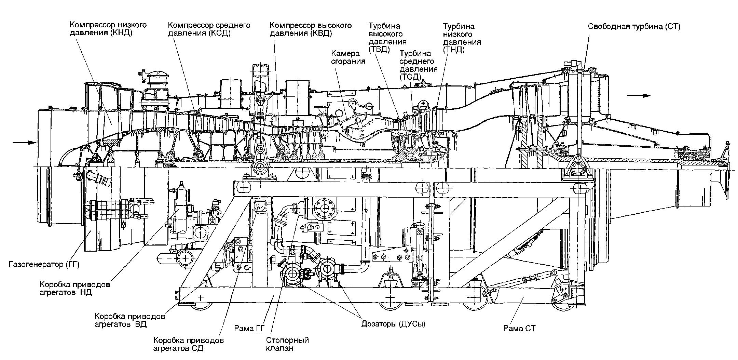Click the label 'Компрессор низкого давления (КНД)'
(x=108, y=29)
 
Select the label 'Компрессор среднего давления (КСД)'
(x=209, y=29)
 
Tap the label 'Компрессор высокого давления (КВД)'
(x=311, y=29)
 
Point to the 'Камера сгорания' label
(x=346, y=57)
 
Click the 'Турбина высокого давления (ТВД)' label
(x=388, y=38)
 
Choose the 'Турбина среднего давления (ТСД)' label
(x=419, y=65)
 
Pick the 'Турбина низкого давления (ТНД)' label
(x=462, y=38)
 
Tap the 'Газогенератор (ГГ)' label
(x=44, y=264)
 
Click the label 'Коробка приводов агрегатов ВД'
(x=130, y=320)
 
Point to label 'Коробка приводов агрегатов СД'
(x=189, y=344)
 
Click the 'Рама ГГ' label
(x=249, y=329)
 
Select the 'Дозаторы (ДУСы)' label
(x=393, y=324)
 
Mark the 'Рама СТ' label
(x=519, y=329)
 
